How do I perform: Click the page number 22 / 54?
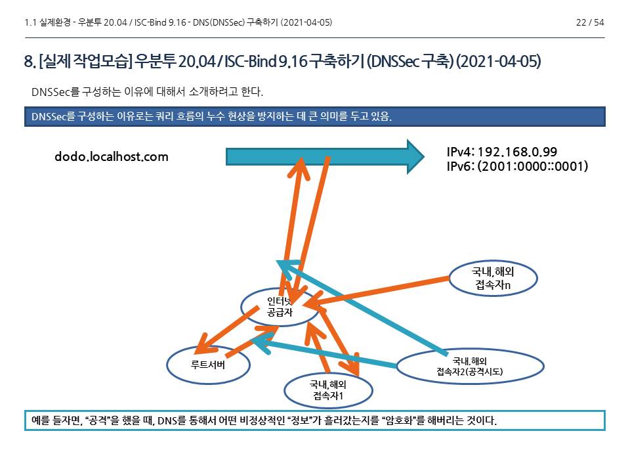point(589,22)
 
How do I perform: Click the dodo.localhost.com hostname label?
point(112,156)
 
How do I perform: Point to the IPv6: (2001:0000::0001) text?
point(517,166)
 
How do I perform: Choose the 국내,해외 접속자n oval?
point(493,279)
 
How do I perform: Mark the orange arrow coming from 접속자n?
point(387,290)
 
